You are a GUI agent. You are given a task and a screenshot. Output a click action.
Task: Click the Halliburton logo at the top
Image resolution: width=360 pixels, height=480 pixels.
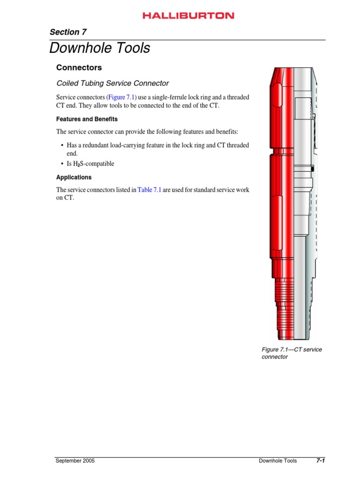[x=188, y=15]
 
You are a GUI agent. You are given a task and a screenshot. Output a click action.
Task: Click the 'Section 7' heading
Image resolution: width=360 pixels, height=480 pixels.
[x=68, y=32]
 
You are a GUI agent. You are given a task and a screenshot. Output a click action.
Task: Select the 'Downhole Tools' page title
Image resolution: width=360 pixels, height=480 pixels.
[x=100, y=48]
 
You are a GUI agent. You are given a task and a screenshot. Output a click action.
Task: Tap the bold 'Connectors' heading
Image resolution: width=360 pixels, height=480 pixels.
[x=79, y=67]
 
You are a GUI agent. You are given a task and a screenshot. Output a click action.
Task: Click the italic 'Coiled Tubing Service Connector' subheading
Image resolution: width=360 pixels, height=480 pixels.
[x=112, y=83]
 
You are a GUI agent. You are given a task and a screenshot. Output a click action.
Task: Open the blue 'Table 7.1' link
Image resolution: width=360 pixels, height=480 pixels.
[x=149, y=190]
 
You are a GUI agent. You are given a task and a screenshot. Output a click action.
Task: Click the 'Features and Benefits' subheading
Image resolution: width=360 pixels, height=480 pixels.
[x=87, y=119]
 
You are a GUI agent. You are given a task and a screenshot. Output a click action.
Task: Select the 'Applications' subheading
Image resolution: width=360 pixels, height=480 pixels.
[x=74, y=178]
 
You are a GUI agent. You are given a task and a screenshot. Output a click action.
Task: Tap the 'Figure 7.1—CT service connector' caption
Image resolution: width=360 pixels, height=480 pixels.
[x=291, y=353]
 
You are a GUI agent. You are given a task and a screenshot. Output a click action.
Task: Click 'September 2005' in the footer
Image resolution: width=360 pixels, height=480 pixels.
[x=75, y=461]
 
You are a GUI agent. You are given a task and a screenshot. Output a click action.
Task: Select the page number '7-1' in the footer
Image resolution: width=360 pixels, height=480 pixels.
[x=320, y=461]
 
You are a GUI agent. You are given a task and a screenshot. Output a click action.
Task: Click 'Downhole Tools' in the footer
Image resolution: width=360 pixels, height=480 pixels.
[x=277, y=461]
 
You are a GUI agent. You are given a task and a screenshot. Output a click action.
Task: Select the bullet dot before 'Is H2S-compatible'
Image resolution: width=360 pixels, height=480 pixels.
[x=62, y=164]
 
